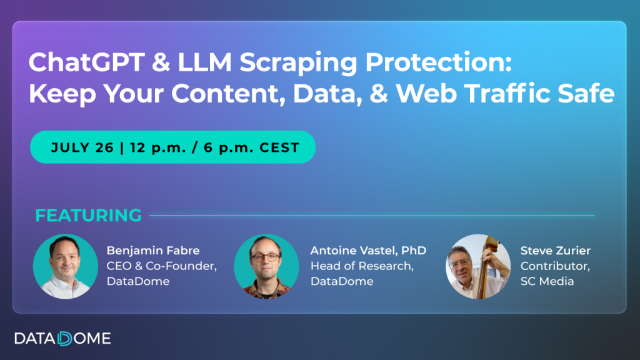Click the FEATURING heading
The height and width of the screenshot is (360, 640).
point(88,216)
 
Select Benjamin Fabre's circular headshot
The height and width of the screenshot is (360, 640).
point(66,266)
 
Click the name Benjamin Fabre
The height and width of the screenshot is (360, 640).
point(153,251)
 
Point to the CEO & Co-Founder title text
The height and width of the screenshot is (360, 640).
point(162,266)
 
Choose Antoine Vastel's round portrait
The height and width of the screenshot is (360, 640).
point(266,266)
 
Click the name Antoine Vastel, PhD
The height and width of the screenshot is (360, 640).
point(368,251)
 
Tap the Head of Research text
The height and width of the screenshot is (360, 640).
point(362,266)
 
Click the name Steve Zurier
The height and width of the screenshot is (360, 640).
point(556,251)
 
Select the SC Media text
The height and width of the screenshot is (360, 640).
point(547,281)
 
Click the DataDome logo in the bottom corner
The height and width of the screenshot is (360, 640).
point(62,339)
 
